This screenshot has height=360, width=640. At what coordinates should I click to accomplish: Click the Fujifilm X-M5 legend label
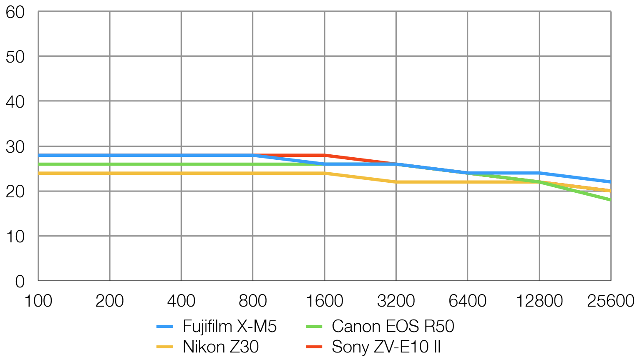point(229,327)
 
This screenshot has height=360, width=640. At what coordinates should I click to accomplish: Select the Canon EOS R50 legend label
point(393,327)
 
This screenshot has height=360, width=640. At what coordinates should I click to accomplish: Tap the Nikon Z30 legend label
point(221,347)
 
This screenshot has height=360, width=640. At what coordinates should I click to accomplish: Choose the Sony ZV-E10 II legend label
point(386,347)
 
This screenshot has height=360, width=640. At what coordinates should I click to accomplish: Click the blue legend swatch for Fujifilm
point(165,327)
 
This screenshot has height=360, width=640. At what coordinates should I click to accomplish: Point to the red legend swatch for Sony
point(314,347)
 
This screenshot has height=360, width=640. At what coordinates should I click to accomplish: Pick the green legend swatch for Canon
point(314,327)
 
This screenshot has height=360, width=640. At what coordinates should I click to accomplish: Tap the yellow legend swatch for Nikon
point(165,347)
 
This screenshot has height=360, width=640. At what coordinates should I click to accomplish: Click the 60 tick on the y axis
point(15,13)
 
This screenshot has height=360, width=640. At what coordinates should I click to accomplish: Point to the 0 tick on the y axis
point(20,282)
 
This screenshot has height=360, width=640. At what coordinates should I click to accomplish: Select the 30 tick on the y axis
point(15,147)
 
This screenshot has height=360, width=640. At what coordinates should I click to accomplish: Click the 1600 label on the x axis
point(325,301)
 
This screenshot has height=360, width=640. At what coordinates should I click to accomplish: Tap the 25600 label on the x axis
point(610,301)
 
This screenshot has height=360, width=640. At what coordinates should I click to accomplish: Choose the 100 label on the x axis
point(38,301)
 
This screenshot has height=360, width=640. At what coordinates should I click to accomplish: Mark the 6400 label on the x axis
point(467,301)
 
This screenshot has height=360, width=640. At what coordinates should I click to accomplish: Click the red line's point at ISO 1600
point(325,155)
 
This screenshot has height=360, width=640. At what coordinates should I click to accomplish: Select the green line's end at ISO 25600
point(610,200)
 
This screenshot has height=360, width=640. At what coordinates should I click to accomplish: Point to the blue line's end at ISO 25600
point(610,182)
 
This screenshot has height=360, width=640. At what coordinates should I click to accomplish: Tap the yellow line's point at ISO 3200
point(396,182)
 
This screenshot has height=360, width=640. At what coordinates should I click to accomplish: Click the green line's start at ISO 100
point(39,164)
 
